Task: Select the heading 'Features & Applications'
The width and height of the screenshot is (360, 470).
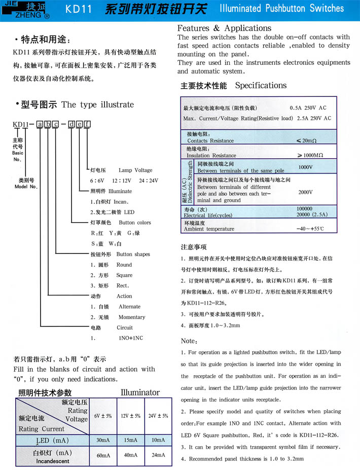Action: (x=224, y=28)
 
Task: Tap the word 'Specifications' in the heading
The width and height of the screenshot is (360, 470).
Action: (x=261, y=85)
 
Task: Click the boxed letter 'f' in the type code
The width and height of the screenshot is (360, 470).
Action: (x=87, y=124)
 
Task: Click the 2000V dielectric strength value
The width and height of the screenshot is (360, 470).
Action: (x=305, y=192)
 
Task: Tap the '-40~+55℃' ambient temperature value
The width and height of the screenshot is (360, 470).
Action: (x=310, y=229)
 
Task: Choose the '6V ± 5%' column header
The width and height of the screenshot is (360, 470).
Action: (x=103, y=416)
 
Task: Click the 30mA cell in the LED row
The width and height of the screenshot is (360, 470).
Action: (x=103, y=440)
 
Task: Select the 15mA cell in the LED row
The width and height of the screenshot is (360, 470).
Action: (x=130, y=440)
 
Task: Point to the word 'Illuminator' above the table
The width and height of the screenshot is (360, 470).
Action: (x=140, y=392)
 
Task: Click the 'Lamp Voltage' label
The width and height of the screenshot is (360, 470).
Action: (x=135, y=170)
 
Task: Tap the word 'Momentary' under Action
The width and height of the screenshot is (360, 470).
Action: (x=132, y=317)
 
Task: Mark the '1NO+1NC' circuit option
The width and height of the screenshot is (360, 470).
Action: (x=130, y=338)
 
